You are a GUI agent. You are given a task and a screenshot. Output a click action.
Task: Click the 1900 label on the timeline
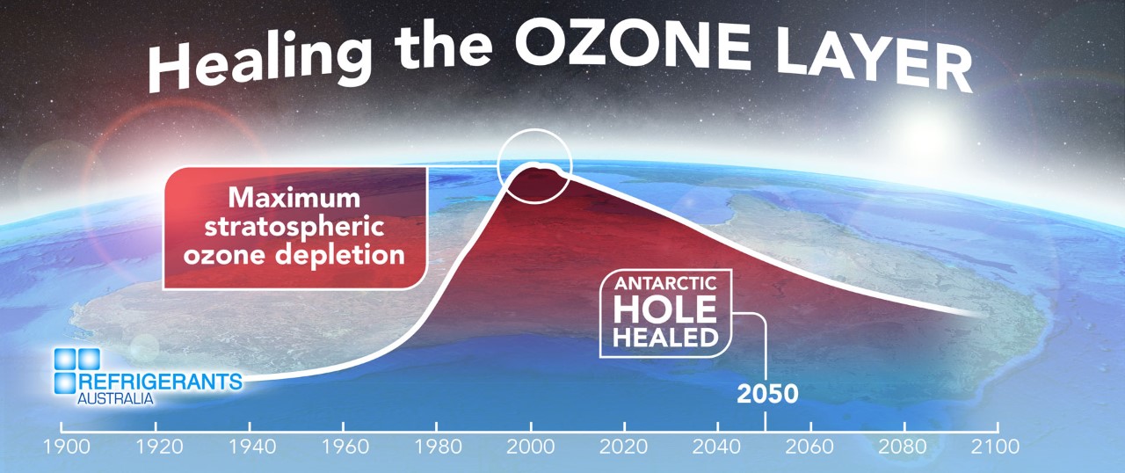point(66,447)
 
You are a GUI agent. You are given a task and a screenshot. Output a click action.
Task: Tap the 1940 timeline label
point(252,447)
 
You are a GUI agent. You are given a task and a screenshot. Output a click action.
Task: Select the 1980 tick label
point(438,447)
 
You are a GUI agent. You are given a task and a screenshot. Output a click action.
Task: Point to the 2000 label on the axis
point(530,447)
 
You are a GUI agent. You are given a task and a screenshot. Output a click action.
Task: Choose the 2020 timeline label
point(623,447)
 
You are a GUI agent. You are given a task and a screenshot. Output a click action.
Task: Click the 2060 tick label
point(809,447)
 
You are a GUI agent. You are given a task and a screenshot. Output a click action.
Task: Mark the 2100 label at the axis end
point(995,447)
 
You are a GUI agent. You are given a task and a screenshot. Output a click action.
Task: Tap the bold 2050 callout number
point(767,394)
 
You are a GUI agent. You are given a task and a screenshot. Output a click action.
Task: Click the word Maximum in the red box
point(294,198)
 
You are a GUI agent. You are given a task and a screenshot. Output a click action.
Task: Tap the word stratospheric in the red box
point(294,227)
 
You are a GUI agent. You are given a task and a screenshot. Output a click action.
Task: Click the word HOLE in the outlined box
point(665,309)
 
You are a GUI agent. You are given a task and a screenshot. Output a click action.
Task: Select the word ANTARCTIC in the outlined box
point(665,284)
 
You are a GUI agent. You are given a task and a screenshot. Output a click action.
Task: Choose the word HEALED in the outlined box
point(665,338)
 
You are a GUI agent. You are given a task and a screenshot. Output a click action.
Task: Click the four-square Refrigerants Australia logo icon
point(76,371)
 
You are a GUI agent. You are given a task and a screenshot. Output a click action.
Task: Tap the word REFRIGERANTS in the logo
point(160,382)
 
